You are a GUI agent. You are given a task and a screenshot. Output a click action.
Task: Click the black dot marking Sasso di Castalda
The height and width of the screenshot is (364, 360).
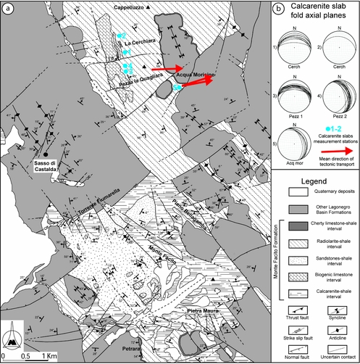point(45,154)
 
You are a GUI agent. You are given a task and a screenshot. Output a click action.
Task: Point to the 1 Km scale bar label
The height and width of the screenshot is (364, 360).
point(49,357)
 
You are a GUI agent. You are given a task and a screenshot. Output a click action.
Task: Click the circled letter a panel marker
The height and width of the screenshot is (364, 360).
point(8,9)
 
